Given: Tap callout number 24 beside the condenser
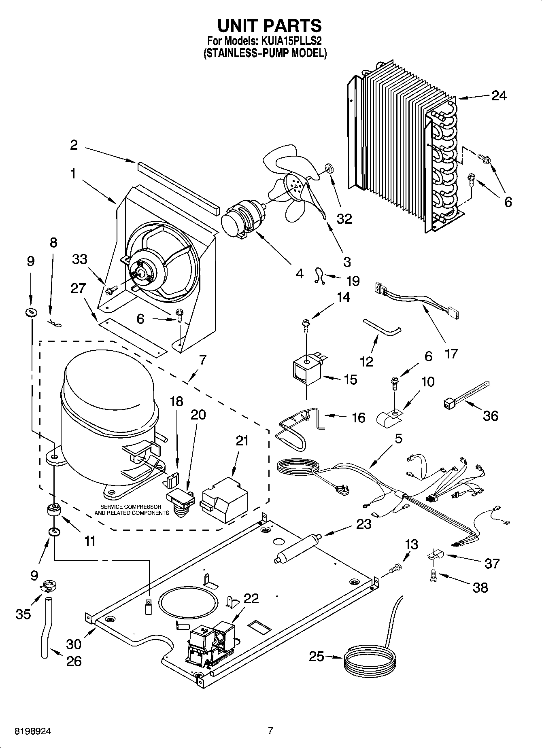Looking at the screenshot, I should [x=499, y=96].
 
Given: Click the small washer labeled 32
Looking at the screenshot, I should [x=328, y=167].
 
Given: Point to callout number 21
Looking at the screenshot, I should [x=242, y=441].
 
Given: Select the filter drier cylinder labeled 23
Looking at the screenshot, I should [x=297, y=549].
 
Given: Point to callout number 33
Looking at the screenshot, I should [x=79, y=259].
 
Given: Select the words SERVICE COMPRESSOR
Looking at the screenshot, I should [x=131, y=507].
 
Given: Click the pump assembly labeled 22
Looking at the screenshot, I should [x=210, y=643].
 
